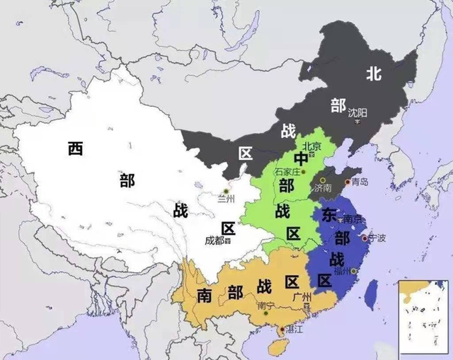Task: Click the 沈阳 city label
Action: point(357,112)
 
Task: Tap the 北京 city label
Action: point(312,146)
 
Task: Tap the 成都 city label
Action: point(216,240)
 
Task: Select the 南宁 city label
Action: point(266,306)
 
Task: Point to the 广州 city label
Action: point(306,297)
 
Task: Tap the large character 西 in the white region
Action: point(76,149)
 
